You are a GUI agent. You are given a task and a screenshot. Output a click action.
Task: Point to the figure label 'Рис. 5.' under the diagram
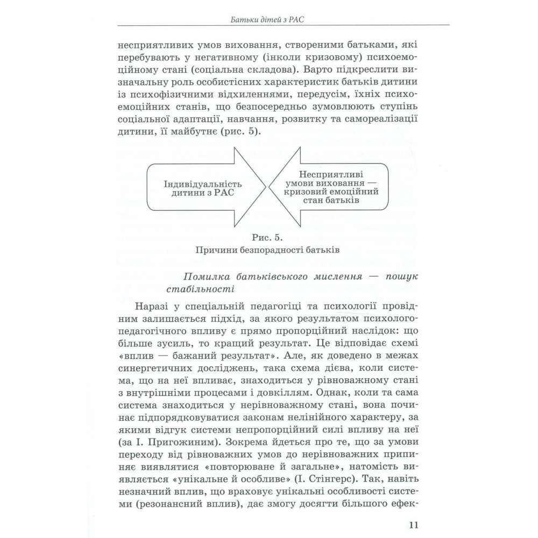(266, 237)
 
